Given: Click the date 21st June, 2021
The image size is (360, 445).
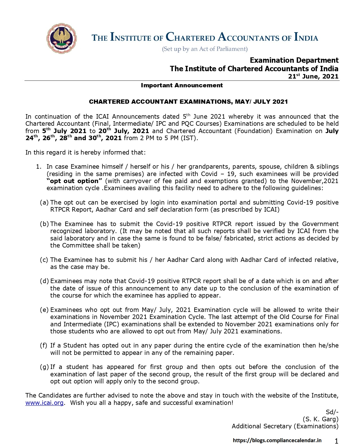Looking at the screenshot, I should click(x=313, y=76).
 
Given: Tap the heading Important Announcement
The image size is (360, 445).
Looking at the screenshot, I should click(x=182, y=85).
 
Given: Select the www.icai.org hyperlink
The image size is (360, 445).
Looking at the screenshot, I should click(x=44, y=403).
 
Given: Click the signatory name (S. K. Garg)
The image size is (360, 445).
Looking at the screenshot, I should click(x=320, y=419).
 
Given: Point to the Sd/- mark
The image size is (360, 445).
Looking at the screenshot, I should click(x=332, y=412).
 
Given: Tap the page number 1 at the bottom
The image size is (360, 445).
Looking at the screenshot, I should click(x=336, y=441).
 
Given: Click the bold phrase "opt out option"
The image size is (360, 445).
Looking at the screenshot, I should click(x=74, y=181).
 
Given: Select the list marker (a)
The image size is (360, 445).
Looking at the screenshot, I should click(x=44, y=202).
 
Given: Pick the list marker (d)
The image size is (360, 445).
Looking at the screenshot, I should click(x=44, y=281).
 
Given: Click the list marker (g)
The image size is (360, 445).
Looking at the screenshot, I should click(x=44, y=367).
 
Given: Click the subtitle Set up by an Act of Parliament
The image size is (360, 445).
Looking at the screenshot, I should click(x=205, y=49).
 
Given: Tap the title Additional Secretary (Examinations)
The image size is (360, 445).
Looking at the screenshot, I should click(x=285, y=426).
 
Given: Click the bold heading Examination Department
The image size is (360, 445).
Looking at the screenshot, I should click(x=294, y=60).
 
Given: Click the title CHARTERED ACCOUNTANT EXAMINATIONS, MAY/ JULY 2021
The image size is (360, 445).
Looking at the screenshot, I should click(x=188, y=102).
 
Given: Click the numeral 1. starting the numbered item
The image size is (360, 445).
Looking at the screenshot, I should click(x=39, y=167).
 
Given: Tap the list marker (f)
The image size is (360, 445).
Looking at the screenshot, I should click(x=44, y=346).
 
